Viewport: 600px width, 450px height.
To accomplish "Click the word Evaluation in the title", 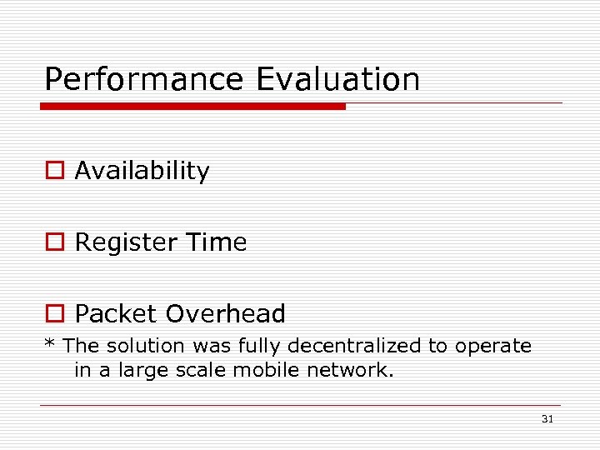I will pos(338,80).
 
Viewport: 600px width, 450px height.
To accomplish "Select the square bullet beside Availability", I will pos(54,171).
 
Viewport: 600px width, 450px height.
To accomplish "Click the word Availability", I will pos(142,171).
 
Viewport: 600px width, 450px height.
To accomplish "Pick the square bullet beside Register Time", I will pos(54,242).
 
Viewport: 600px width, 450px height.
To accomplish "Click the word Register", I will pos(125,242).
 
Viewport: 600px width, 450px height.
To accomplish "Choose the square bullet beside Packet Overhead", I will pos(54,314).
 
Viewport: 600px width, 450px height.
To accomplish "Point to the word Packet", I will pos(117,314).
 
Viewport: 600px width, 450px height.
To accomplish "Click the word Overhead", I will pos(225,314).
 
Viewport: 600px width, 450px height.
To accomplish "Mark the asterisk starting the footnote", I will pos(49,343).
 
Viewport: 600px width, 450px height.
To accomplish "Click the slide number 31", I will pos(547,419).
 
